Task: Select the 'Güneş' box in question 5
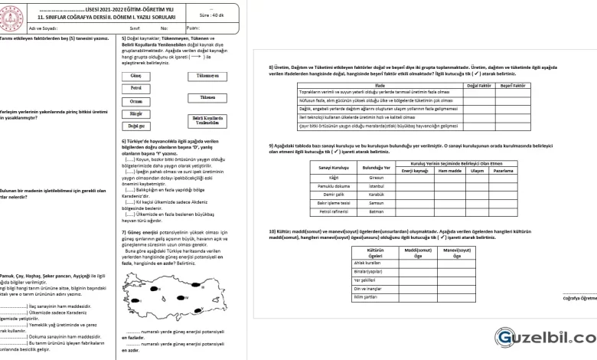[136, 77]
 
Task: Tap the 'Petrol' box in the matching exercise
[136, 89]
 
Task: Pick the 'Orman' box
[136, 101]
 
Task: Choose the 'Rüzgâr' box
[136, 113]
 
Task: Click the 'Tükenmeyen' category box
[207, 77]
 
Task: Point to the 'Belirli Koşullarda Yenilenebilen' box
[207, 120]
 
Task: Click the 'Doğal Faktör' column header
[479, 86]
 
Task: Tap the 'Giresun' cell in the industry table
[377, 178]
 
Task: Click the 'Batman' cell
[377, 211]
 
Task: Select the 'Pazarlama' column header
[503, 170]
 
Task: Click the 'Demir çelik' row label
[334, 195]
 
